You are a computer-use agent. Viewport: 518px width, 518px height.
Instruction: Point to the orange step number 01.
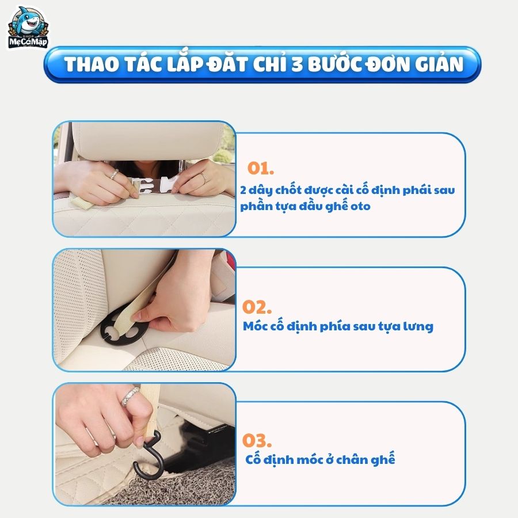[261, 168]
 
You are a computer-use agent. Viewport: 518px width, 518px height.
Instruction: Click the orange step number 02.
[257, 307]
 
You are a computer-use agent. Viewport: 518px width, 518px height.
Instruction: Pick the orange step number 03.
[257, 440]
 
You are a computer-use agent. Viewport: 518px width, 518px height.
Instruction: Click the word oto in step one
[360, 207]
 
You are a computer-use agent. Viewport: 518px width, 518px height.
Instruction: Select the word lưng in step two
[418, 327]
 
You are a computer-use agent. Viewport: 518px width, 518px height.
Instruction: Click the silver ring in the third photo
[129, 397]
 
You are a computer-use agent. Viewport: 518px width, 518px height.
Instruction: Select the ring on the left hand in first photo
[113, 174]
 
